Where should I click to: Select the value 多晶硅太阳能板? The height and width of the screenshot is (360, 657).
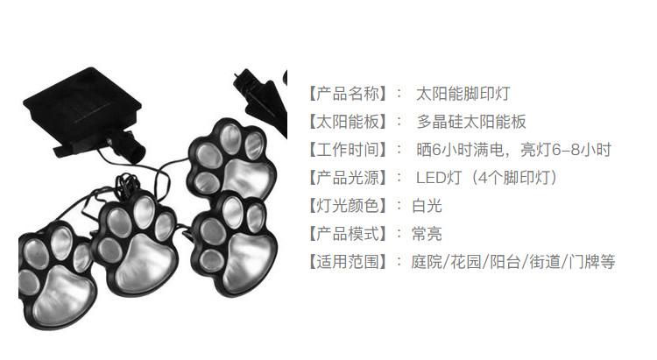pos(471,121)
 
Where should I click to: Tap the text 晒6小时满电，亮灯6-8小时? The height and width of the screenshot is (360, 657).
pos(512,149)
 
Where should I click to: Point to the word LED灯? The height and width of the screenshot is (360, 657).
pos(437,177)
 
